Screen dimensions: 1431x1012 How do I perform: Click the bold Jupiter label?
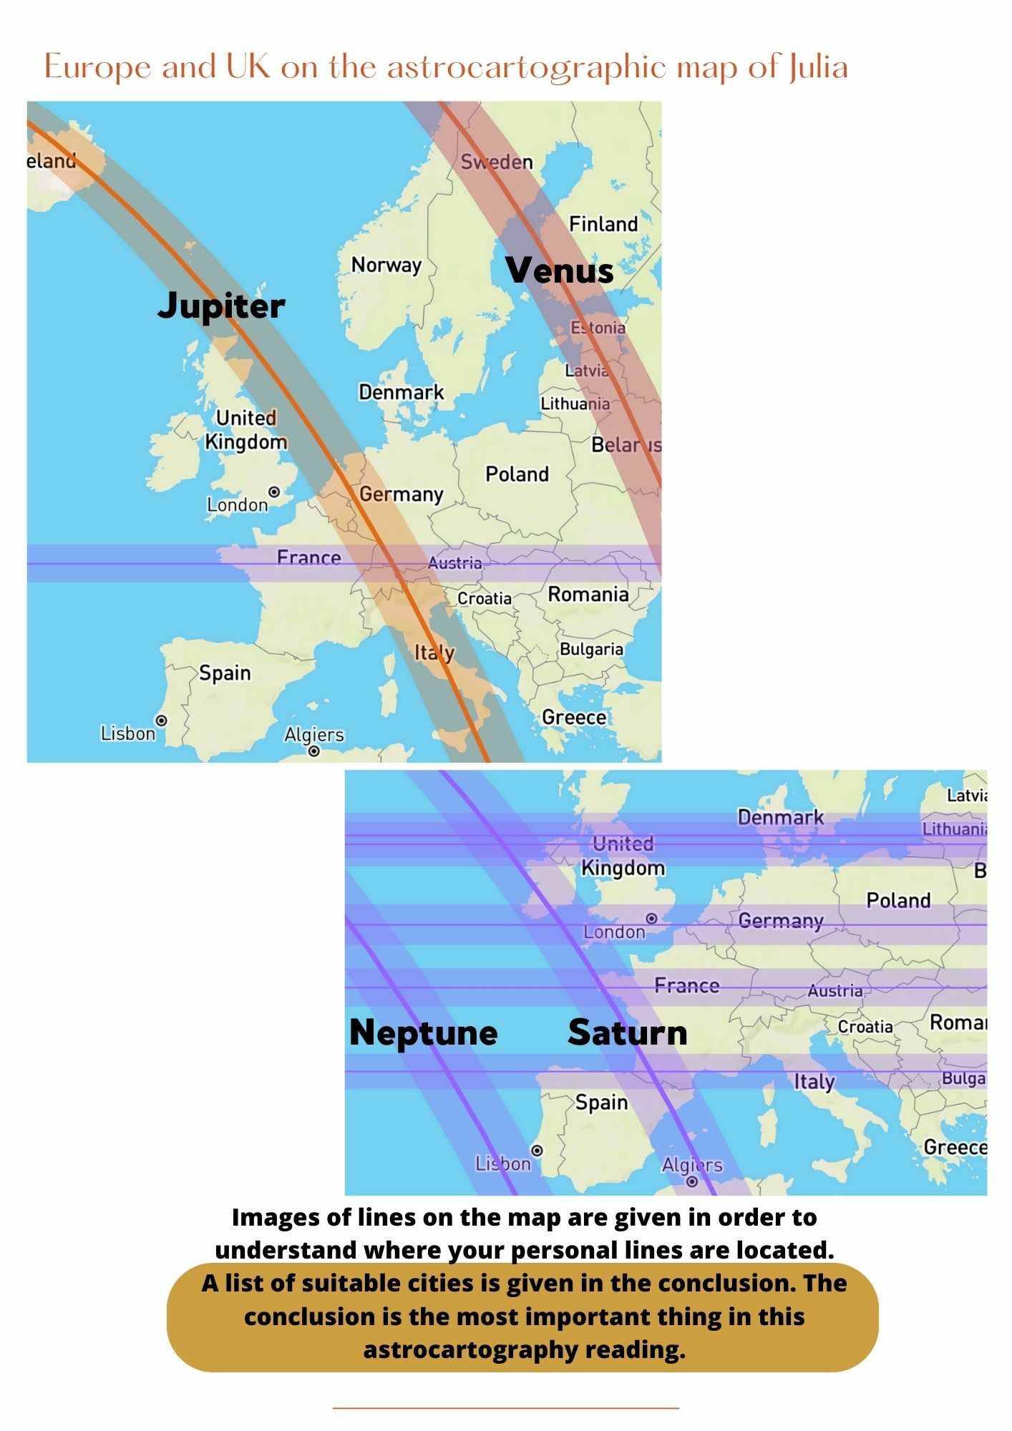coord(221,306)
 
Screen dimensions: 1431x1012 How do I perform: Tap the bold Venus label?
coord(560,270)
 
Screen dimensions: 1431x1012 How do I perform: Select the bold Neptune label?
coord(424,1032)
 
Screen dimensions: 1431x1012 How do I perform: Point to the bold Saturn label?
coord(628,1032)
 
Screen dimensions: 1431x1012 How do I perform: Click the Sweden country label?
coord(497,162)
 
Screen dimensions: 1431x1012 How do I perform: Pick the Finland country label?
coord(603,224)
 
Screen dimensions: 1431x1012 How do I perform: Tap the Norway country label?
coord(386,265)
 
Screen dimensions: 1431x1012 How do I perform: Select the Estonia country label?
coord(598,328)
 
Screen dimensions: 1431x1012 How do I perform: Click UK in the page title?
coord(248,67)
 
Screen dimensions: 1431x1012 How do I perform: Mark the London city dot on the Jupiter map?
coord(274,492)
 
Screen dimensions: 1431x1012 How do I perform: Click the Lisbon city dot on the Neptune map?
coord(537,1151)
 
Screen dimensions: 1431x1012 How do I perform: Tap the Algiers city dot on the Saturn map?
coord(692,1181)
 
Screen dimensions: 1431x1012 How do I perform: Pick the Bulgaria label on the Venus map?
coord(591,649)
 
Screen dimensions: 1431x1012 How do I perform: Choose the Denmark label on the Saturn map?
coord(781,817)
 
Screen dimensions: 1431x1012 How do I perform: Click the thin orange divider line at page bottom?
coord(506,1408)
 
